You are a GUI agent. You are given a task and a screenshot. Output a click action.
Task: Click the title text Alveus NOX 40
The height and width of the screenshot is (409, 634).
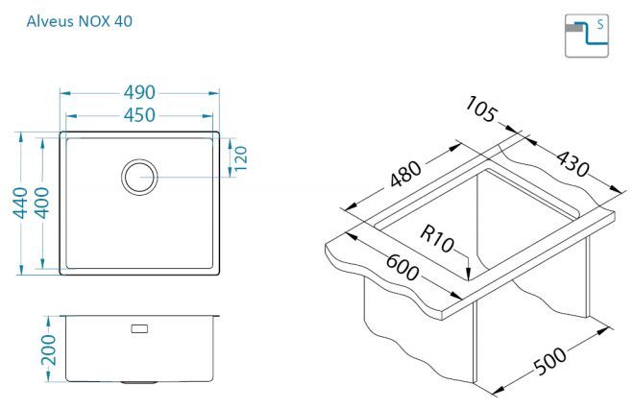tap(79, 21)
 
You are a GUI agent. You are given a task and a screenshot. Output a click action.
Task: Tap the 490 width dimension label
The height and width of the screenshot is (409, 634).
tap(139, 92)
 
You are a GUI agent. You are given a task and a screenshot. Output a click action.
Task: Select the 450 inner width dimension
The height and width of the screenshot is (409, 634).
tap(139, 115)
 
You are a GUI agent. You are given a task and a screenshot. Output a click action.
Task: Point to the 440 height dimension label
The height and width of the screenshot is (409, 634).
tap(20, 203)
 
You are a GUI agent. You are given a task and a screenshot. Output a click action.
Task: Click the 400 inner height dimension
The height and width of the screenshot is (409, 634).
tap(41, 203)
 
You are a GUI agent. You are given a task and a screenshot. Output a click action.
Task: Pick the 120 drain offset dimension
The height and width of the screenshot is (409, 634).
tap(240, 158)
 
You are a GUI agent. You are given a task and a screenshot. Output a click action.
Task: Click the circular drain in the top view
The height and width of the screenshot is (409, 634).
tap(139, 177)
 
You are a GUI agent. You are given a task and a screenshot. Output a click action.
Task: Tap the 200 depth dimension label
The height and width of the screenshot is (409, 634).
tap(49, 349)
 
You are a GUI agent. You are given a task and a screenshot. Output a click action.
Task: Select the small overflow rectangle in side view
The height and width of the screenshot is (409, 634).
tap(139, 328)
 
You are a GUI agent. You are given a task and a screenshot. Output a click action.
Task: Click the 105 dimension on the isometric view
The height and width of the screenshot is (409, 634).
tap(480, 109)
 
